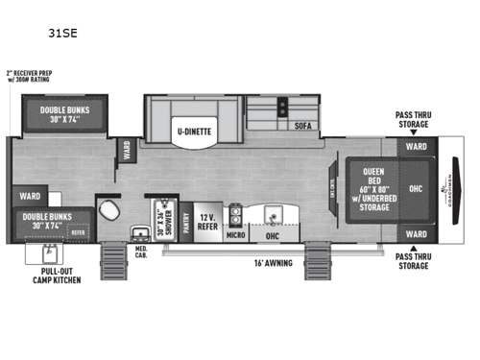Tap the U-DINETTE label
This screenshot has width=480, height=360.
(x=192, y=132)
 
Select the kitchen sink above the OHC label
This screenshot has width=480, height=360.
(x=272, y=212)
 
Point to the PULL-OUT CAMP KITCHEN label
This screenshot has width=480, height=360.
(x=54, y=276)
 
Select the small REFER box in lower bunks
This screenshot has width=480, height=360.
(x=77, y=231)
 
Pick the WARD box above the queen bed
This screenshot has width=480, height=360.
(x=416, y=147)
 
